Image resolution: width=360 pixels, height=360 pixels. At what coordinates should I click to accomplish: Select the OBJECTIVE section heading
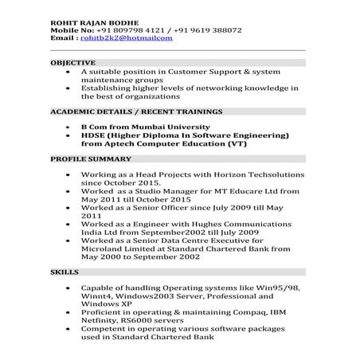tap(72, 61)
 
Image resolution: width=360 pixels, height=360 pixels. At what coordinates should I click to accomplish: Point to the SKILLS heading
tap(64, 272)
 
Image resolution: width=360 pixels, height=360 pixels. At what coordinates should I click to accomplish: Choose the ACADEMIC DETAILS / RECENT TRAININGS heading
tap(136, 111)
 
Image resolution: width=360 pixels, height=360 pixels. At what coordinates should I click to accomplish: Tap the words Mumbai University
tap(174, 127)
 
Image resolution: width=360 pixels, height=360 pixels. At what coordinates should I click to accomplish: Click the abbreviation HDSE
tap(95, 135)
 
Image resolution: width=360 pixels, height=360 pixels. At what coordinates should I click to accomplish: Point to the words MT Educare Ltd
tap(244, 192)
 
